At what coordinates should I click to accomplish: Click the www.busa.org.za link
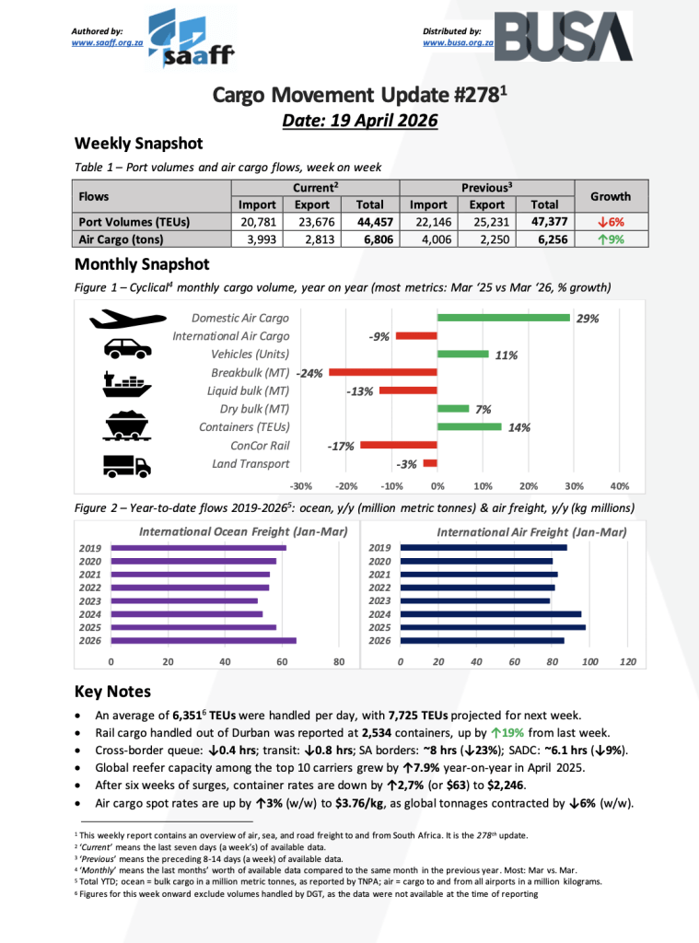tap(458, 42)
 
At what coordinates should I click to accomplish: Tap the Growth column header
tap(611, 196)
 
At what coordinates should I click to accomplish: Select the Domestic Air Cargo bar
tap(504, 319)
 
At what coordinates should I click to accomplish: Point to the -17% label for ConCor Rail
tap(341, 447)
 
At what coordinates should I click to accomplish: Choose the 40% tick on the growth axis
tap(620, 486)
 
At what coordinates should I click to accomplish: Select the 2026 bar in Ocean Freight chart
tap(204, 640)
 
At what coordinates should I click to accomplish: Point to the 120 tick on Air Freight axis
tap(629, 661)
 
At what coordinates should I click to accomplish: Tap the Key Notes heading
tap(112, 692)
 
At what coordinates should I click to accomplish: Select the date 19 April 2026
tap(359, 120)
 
